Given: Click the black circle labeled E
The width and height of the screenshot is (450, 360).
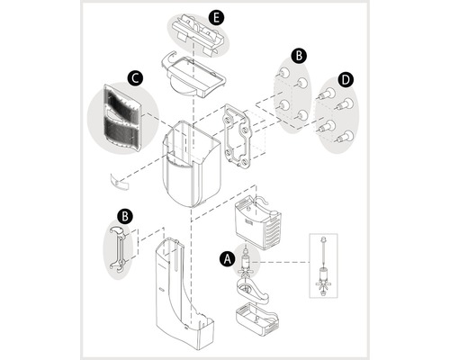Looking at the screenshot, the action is [x=216, y=17].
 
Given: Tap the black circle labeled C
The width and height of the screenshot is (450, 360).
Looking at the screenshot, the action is [x=135, y=78].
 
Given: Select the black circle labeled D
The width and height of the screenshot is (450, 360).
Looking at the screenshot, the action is [x=346, y=80].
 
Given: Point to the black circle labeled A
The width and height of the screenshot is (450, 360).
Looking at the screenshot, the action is [x=227, y=259].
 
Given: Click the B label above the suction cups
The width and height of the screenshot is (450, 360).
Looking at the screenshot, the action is [x=299, y=56].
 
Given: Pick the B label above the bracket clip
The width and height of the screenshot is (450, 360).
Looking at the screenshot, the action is [x=125, y=216].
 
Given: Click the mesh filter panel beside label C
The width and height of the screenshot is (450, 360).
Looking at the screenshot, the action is [x=122, y=118].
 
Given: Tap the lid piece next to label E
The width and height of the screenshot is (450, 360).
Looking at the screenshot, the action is [x=198, y=35].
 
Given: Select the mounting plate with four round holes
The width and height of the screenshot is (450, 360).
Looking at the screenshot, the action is [x=237, y=136].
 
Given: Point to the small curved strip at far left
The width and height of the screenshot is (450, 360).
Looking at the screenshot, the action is [x=119, y=182].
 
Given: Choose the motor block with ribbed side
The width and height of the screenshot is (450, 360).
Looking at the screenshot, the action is [x=257, y=222].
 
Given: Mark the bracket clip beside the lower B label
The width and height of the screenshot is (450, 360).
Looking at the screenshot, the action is [x=118, y=250].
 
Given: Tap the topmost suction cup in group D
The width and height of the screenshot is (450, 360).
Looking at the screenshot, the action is [x=327, y=94].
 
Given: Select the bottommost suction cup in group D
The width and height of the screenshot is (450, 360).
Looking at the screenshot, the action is [x=345, y=136].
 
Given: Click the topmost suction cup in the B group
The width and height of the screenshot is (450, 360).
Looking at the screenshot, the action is [x=283, y=72].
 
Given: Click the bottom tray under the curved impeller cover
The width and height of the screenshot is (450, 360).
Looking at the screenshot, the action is [x=257, y=319].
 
